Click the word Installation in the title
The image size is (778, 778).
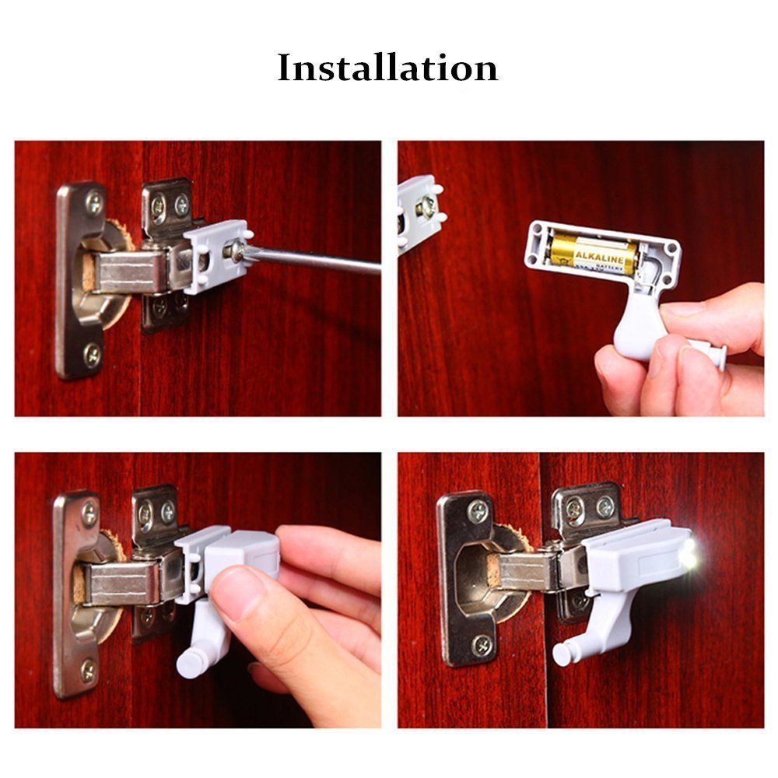click(387, 68)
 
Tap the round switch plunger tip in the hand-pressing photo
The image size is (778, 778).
click(190, 663)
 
